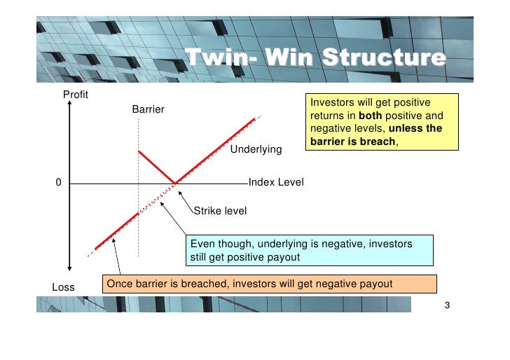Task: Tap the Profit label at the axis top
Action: coord(76,95)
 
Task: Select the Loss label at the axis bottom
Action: coord(64,286)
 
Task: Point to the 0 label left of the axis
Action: coord(59,183)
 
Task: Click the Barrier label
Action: coord(148,110)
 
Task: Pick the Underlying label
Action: coord(256,149)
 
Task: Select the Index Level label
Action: coord(276,183)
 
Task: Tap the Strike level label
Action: coord(220,210)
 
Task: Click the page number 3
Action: coord(447,306)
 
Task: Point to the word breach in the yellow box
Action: coord(381,141)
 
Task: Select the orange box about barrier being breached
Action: coord(269,284)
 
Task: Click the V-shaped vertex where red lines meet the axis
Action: coord(174,184)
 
